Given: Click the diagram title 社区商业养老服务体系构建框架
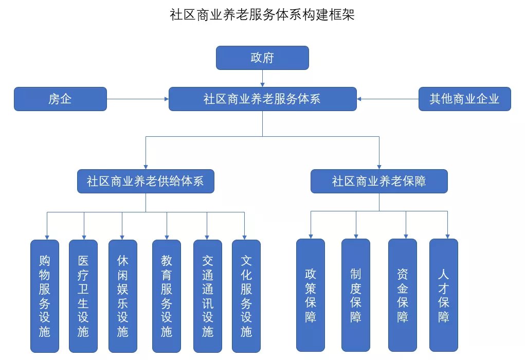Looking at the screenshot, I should (x=262, y=15).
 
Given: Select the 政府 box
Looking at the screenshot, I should (x=262, y=58).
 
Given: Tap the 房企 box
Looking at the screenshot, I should (x=60, y=99).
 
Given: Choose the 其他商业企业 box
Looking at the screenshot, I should (x=464, y=99).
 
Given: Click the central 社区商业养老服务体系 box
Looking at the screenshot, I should (x=262, y=99).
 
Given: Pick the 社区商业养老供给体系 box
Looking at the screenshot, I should (x=146, y=182).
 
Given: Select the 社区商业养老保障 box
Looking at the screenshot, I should (x=379, y=182).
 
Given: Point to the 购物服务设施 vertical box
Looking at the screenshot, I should (x=45, y=296).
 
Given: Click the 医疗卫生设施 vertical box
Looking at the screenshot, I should (x=83, y=296).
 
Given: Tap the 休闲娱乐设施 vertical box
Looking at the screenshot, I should (x=122, y=296).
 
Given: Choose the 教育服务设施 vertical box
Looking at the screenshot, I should (x=167, y=296).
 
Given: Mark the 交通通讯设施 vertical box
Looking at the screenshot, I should (x=207, y=296).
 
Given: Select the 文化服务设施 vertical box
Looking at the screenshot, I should (x=246, y=296).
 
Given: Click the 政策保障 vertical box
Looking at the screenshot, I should (x=311, y=295).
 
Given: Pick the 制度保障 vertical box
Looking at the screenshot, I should (x=356, y=295).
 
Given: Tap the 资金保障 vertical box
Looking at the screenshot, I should (x=402, y=295).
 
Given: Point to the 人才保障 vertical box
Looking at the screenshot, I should (x=444, y=295).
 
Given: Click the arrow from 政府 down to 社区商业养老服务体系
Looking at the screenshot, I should (x=262, y=78).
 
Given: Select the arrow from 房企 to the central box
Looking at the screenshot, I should (x=138, y=99).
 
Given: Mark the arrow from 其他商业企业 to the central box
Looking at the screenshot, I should (x=388, y=99).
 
